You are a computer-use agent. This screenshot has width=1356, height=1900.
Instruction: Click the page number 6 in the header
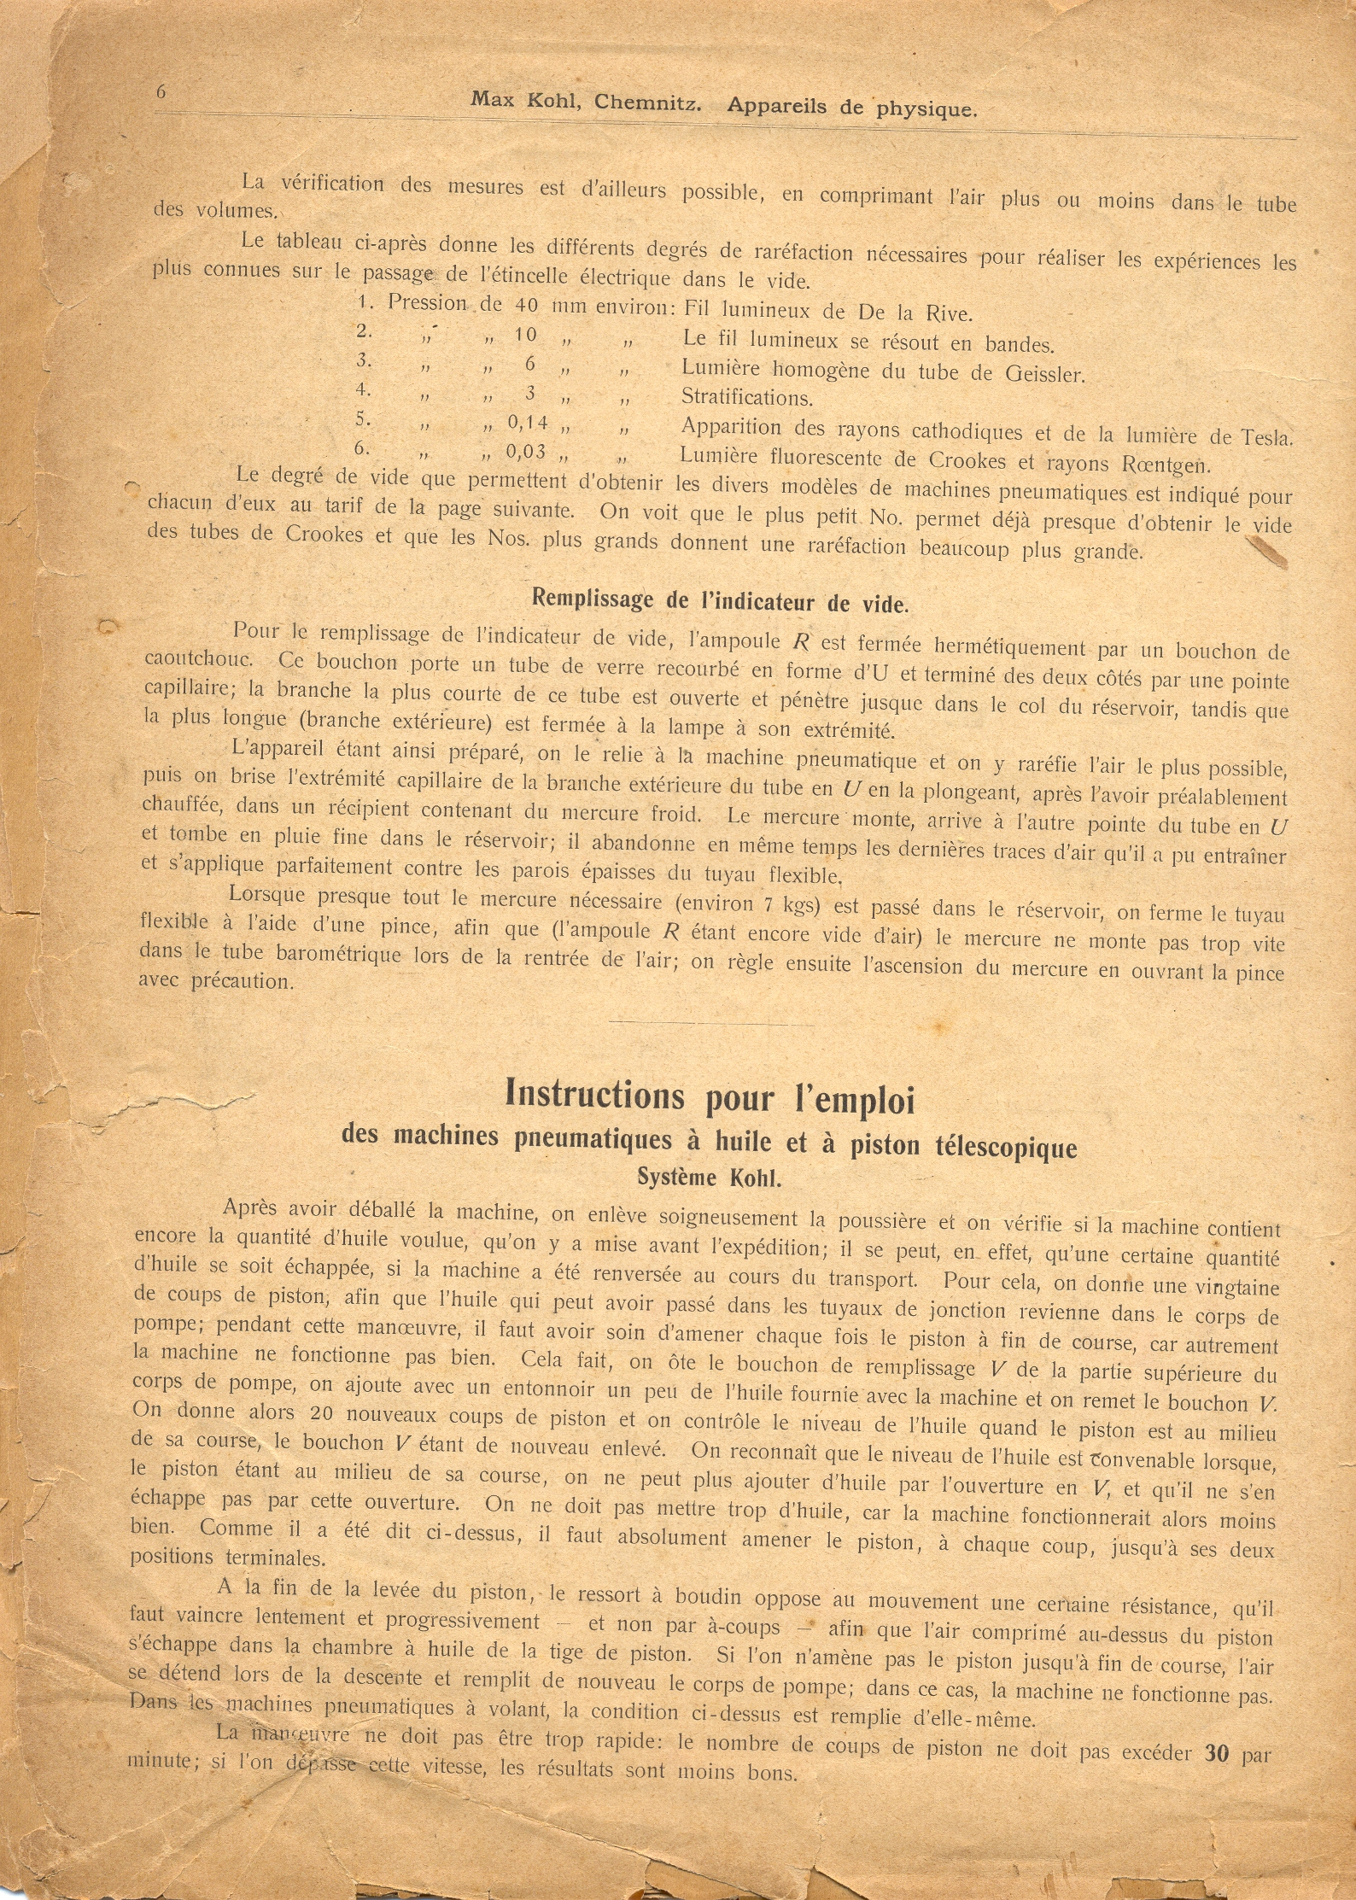coord(161,91)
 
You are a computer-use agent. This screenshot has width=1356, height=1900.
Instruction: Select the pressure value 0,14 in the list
coord(528,422)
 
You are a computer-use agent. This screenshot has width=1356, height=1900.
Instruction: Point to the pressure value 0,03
coord(526,451)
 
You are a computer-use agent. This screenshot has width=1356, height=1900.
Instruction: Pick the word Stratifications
coord(747,397)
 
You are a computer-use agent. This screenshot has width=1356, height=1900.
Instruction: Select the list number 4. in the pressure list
coord(364,389)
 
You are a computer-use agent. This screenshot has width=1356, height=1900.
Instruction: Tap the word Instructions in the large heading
coord(594,1094)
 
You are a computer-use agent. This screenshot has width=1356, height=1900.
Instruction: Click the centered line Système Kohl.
coord(709,1178)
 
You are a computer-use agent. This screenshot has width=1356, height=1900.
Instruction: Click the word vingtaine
coord(1237,1288)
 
